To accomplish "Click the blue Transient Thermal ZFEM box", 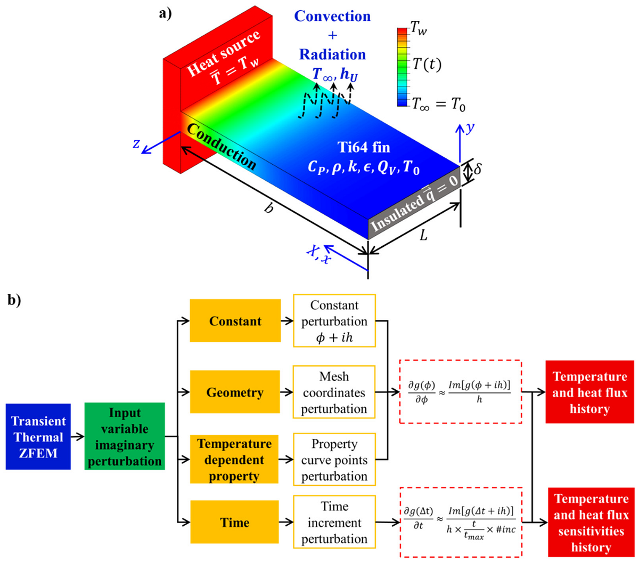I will click(x=38, y=437).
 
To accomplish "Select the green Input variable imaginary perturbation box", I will click(x=125, y=437).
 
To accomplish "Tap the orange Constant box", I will click(x=235, y=321).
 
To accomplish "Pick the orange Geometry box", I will click(x=235, y=392).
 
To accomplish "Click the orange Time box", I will click(x=235, y=523).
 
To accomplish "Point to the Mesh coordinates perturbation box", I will click(x=334, y=392).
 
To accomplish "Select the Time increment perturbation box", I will click(x=334, y=523).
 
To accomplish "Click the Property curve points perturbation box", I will click(x=334, y=460).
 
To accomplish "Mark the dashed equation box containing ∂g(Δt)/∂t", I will click(x=461, y=523).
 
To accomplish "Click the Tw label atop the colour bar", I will click(x=419, y=31).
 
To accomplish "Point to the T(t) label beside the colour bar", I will click(x=427, y=65).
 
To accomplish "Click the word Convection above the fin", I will click(x=332, y=17).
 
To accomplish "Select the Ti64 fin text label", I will click(x=364, y=147).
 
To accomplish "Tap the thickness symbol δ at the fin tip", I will click(x=478, y=170).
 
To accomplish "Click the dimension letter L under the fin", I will click(x=423, y=235).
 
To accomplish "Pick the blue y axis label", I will click(x=470, y=128).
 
